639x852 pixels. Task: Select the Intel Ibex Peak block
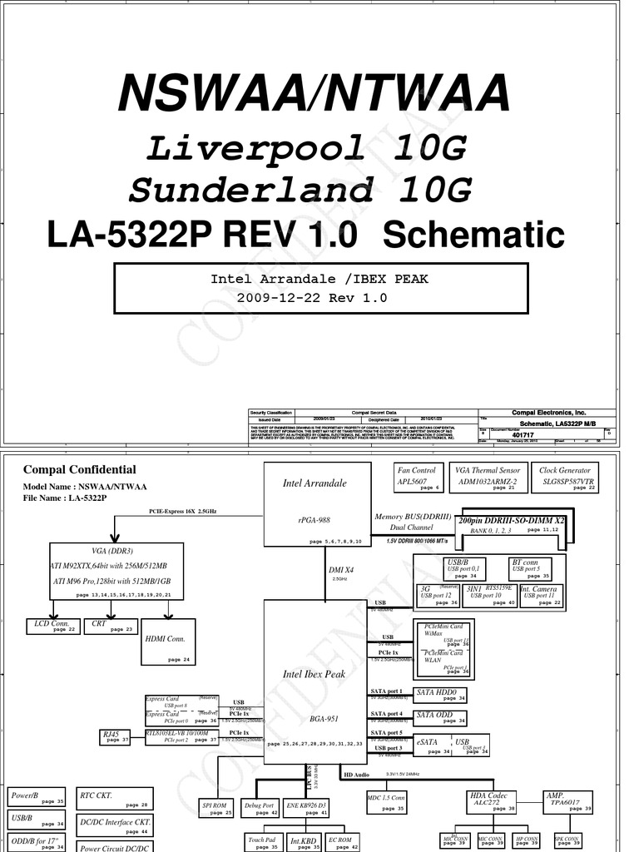316,675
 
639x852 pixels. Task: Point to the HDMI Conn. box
169,641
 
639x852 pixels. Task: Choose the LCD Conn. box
52,626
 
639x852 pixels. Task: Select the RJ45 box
115,736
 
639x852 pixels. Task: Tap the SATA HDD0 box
441,695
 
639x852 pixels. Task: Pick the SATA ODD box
441,717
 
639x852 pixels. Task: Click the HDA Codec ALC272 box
489,801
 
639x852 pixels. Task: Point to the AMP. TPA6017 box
568,801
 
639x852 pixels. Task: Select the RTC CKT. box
115,799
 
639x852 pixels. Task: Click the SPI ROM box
215,808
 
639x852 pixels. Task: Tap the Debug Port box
260,808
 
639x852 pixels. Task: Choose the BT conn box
531,568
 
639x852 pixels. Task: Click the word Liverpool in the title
256,149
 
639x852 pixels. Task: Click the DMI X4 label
340,570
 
